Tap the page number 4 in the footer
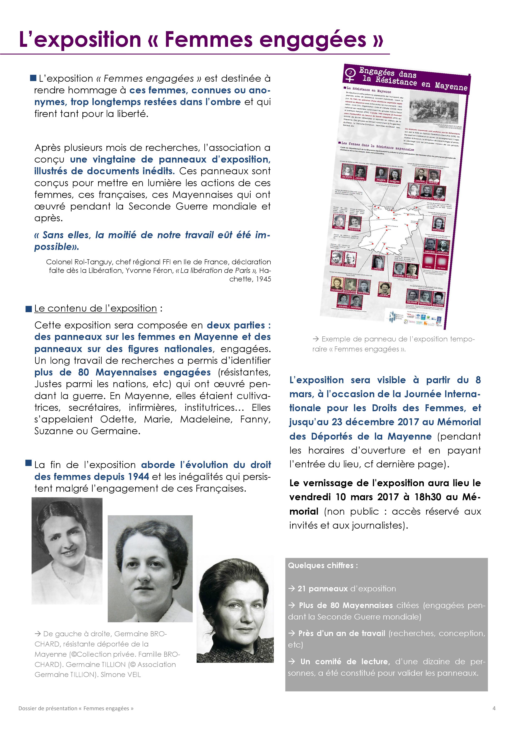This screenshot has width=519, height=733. tap(494, 708)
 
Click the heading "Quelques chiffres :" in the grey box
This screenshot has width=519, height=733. tap(323, 565)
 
